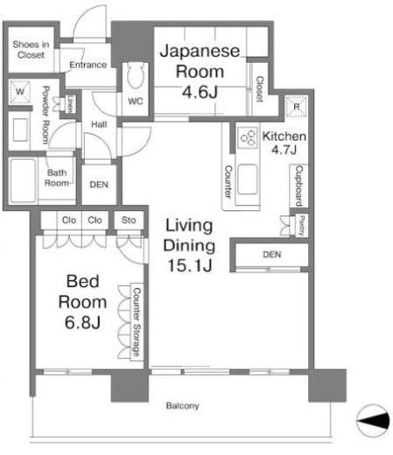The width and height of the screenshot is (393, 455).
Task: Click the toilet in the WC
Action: coord(136,75)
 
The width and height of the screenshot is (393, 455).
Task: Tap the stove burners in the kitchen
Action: coord(248,137)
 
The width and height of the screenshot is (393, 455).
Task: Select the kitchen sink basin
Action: coord(248,179)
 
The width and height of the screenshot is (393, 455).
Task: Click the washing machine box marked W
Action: coord(20,92)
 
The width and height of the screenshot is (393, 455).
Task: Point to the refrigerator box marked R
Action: coord(296,107)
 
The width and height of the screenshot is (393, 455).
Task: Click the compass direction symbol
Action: coord(373,421)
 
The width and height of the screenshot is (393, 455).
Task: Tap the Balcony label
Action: coord(182,406)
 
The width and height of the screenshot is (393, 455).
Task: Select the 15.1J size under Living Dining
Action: coord(190,266)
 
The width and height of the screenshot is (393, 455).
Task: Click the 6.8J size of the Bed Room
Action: coord(82,322)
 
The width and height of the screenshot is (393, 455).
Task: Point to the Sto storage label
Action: coord(129,220)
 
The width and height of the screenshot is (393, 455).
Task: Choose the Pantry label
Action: coord(302,226)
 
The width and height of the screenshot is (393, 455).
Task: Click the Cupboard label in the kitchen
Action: coord(299,185)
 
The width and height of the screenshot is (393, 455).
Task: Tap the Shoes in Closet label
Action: coord(31,50)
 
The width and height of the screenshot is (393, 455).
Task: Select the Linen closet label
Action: coord(70,104)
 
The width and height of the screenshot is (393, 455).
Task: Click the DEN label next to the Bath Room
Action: coord(99,185)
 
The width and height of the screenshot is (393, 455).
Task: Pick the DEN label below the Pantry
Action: coord(272,255)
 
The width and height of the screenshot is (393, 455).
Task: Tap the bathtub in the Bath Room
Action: coord(23,181)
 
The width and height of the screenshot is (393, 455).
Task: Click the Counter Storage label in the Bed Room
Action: coord(137,322)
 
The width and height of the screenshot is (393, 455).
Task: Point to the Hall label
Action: coord(99,124)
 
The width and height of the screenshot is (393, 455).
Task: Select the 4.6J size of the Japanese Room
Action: coord(200,92)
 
